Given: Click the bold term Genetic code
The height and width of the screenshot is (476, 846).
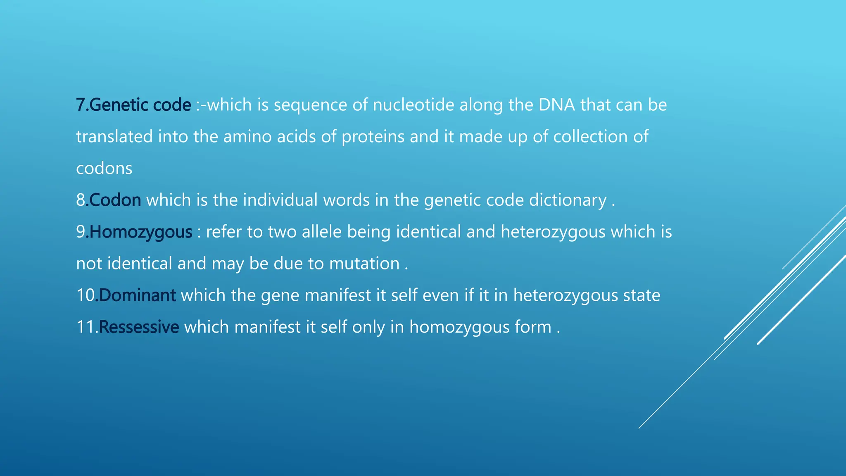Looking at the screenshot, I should coord(140,105).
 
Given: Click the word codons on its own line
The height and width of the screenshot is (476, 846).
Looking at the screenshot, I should coord(104,169).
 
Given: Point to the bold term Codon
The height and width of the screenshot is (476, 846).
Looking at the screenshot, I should coord(115,200).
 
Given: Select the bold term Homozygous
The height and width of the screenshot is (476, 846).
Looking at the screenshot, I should coord(140,232).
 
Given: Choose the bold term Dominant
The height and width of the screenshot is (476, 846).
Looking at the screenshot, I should coord(137,295).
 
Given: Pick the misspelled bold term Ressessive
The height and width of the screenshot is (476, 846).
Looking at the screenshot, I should coord(139,327).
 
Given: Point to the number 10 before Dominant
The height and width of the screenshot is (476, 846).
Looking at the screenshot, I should coord(86,295).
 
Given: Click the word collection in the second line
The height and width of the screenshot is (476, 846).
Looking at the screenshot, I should coord(590,137).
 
